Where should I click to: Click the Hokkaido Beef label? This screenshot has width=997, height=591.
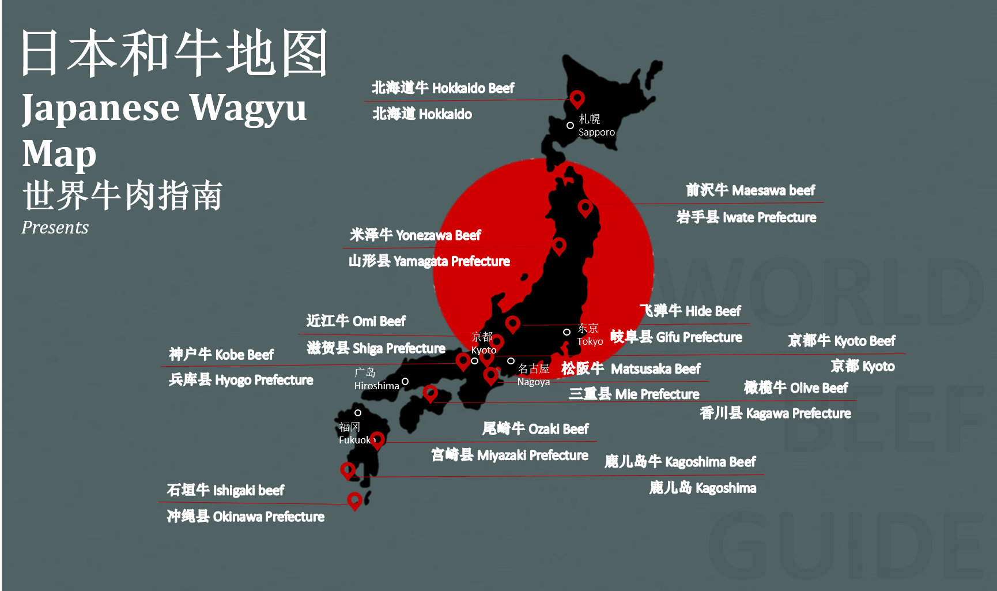click(x=443, y=88)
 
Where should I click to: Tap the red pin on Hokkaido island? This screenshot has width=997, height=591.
click(x=577, y=98)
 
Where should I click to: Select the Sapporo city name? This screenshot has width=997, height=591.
click(x=596, y=132)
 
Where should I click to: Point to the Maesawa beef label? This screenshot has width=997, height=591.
click(x=750, y=190)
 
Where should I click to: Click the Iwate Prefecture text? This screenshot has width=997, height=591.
click(x=746, y=217)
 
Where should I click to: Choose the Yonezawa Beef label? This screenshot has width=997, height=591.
click(x=415, y=235)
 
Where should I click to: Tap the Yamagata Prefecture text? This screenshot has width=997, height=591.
click(x=429, y=261)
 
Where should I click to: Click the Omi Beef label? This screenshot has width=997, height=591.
click(x=356, y=321)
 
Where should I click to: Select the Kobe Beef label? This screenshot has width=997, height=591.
click(x=221, y=355)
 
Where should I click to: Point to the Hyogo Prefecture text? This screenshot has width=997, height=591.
click(x=240, y=380)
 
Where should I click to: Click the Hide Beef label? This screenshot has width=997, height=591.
click(x=690, y=311)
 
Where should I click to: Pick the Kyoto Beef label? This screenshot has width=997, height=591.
click(x=841, y=341)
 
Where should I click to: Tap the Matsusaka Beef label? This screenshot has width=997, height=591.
click(x=630, y=368)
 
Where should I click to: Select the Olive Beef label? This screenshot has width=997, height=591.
click(x=795, y=388)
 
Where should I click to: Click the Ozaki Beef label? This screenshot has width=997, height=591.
click(x=535, y=429)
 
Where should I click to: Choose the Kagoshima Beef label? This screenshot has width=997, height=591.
click(x=680, y=462)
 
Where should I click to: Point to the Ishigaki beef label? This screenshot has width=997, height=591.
click(x=225, y=491)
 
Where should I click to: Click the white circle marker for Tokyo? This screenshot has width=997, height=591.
click(x=567, y=332)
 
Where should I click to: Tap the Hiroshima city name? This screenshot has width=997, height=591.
click(x=376, y=386)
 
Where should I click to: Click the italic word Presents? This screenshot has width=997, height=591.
click(x=55, y=228)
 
